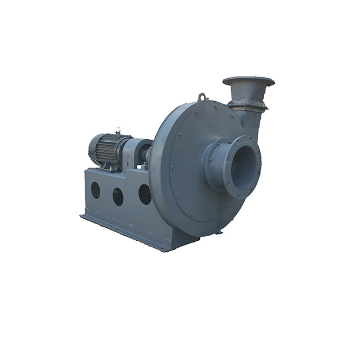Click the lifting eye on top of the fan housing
(202, 97)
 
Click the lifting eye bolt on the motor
(118, 130)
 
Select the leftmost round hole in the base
(96, 190)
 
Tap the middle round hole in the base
(118, 196)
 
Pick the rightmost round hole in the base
(145, 194)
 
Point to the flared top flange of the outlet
(248, 82)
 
